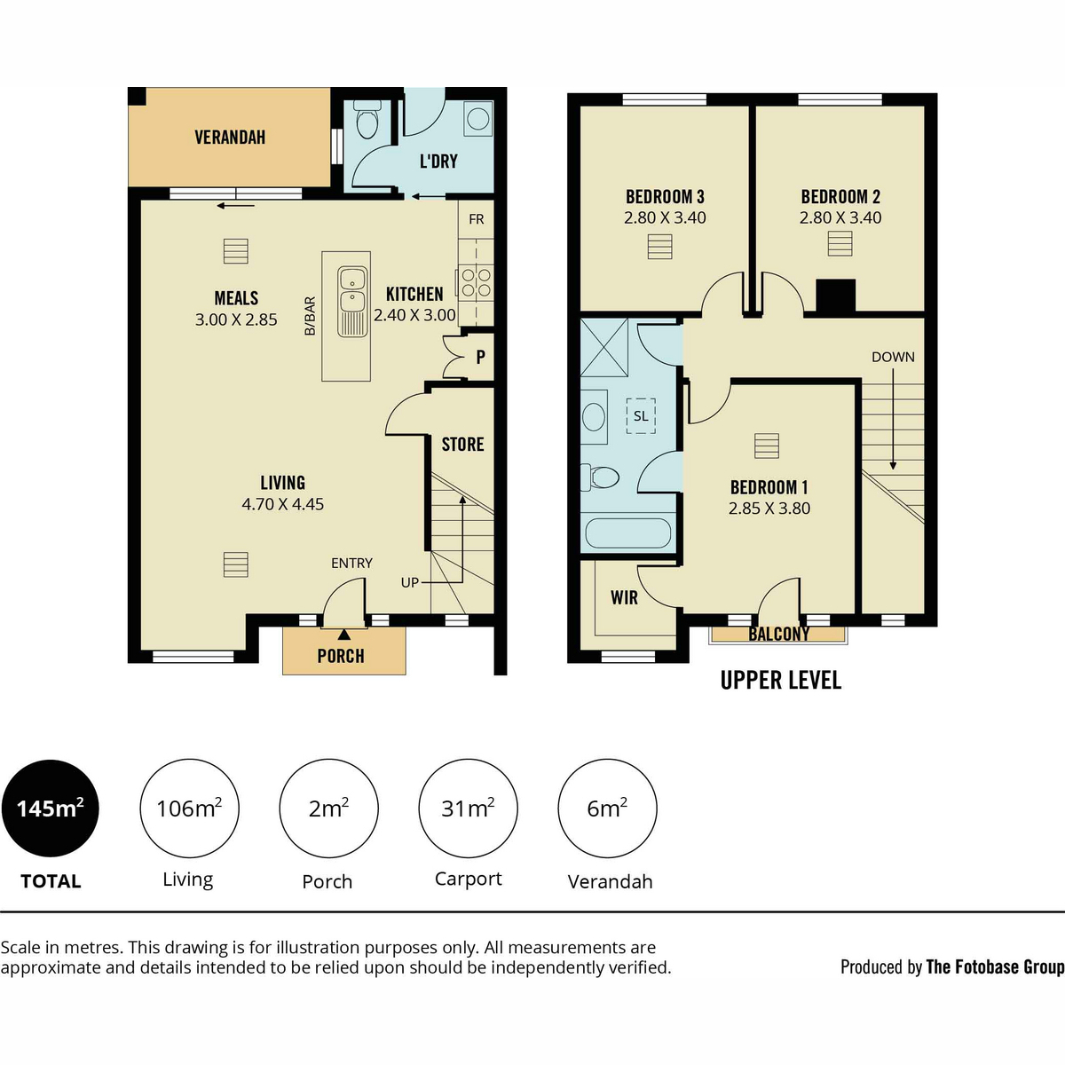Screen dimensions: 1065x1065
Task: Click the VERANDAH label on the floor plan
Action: point(230,137)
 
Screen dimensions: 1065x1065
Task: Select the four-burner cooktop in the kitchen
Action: point(476,282)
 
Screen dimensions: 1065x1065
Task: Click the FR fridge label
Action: point(476,219)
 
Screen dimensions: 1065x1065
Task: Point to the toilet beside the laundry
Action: point(367,120)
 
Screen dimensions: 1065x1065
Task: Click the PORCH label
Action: point(341,656)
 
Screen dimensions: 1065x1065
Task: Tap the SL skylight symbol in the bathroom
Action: point(641,415)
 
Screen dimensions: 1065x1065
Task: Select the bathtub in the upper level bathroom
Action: point(628,532)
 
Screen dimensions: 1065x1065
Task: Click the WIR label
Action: point(624,597)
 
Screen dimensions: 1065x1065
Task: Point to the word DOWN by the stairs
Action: point(893,357)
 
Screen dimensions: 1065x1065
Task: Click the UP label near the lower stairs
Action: point(409,582)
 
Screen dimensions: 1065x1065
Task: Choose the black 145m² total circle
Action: point(51,808)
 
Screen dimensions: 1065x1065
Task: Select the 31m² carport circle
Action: point(468,808)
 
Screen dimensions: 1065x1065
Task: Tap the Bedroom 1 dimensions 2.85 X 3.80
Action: point(769,509)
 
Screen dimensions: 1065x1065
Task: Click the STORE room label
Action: point(462,445)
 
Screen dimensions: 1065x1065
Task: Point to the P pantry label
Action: point(480,357)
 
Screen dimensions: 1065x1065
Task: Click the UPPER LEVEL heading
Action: point(781,681)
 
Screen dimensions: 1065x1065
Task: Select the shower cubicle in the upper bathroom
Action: point(604,348)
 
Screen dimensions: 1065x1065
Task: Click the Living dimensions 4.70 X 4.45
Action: point(282,504)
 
